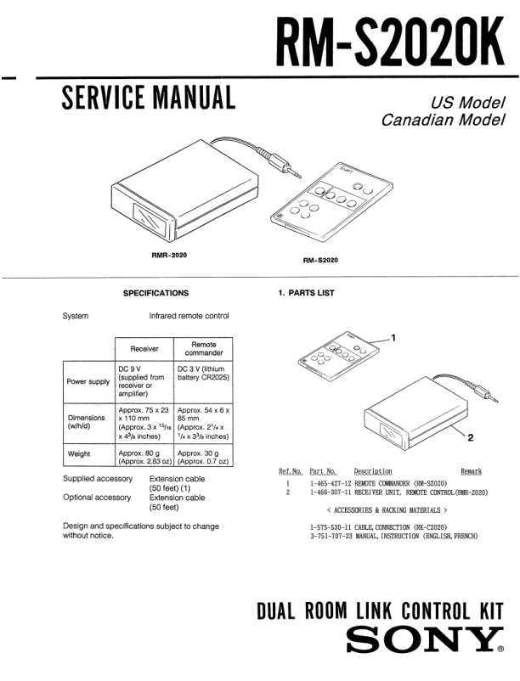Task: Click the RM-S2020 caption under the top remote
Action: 320,260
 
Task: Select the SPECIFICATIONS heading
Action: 155,293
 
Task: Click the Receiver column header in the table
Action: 144,348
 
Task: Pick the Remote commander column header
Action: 203,348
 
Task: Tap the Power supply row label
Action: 88,381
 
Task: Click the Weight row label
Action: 80,454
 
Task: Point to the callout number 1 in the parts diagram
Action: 393,337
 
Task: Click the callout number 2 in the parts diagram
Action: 470,438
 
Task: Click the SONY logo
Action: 425,640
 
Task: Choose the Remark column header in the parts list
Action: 471,471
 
